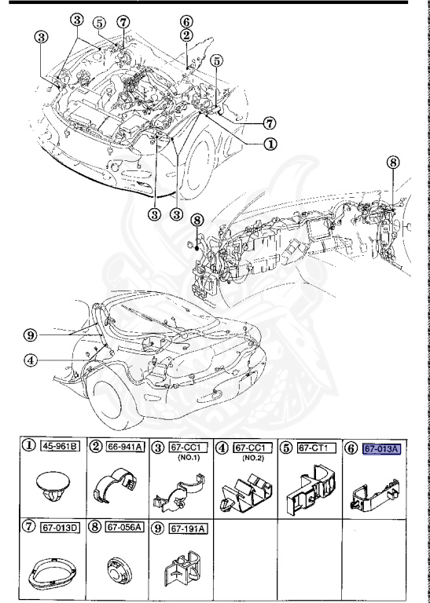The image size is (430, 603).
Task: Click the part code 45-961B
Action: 53,448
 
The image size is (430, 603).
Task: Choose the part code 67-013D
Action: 53,527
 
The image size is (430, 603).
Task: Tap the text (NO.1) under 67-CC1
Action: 187,458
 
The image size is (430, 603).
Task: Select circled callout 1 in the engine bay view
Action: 270,144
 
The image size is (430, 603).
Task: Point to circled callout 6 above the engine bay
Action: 186,21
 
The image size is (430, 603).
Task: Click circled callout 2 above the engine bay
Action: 186,35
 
